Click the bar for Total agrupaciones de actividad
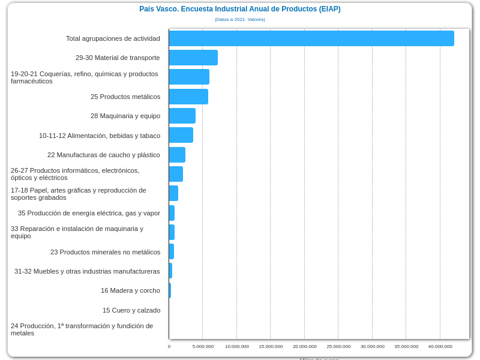click(x=311, y=38)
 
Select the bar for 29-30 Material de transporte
click(x=193, y=58)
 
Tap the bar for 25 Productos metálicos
click(x=188, y=97)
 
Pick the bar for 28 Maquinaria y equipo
click(x=182, y=116)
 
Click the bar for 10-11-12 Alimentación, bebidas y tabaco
click(x=181, y=135)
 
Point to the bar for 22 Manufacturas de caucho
click(x=177, y=155)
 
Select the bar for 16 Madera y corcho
click(x=170, y=290)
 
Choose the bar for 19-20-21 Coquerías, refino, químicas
click(x=189, y=77)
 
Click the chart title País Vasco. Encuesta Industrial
click(x=240, y=9)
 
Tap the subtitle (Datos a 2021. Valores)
click(x=240, y=20)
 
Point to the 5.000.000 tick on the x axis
click(x=203, y=346)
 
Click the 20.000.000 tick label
click(x=305, y=346)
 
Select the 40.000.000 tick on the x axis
click(x=440, y=346)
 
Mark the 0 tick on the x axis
click(x=169, y=346)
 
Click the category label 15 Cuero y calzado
click(x=131, y=310)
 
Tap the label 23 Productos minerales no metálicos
click(x=105, y=252)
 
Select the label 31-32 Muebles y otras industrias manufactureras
click(x=87, y=271)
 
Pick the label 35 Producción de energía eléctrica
click(x=89, y=213)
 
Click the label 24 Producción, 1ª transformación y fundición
click(x=82, y=329)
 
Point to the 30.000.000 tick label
click(x=373, y=346)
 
